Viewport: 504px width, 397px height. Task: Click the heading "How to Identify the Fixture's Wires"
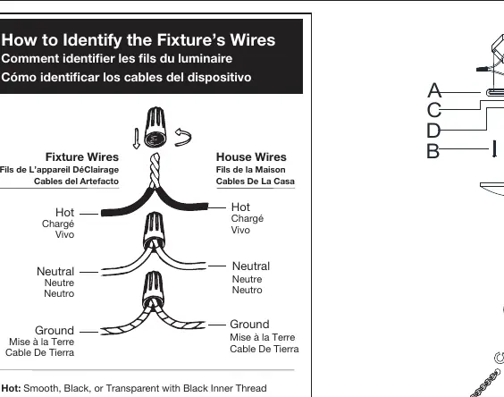pyautogui.click(x=139, y=40)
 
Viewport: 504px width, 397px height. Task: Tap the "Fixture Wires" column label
pyautogui.click(x=82, y=157)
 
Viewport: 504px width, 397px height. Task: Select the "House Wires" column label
pyautogui.click(x=251, y=157)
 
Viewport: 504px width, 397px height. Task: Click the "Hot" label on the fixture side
pyautogui.click(x=64, y=213)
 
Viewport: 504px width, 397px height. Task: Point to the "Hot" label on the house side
pyautogui.click(x=240, y=207)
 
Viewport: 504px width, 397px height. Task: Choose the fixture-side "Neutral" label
pyautogui.click(x=55, y=272)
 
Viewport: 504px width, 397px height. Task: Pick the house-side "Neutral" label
pyautogui.click(x=251, y=266)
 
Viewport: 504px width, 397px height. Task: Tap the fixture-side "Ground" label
pyautogui.click(x=55, y=331)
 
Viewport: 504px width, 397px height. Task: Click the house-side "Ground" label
pyautogui.click(x=249, y=325)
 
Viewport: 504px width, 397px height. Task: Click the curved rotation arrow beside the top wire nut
pyautogui.click(x=183, y=137)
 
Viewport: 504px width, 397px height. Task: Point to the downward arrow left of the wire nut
pyautogui.click(x=137, y=139)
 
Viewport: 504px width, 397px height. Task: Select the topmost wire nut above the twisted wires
pyautogui.click(x=155, y=127)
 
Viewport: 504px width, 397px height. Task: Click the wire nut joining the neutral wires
pyautogui.click(x=154, y=231)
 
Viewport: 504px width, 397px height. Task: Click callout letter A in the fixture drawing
pyautogui.click(x=434, y=90)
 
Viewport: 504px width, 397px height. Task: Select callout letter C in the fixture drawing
pyautogui.click(x=434, y=110)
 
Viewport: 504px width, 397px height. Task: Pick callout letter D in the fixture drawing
pyautogui.click(x=433, y=131)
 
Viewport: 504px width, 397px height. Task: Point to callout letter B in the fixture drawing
pyautogui.click(x=433, y=150)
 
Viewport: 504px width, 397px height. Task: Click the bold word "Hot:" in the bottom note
pyautogui.click(x=12, y=388)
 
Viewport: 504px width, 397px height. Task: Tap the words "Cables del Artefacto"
pyautogui.click(x=76, y=182)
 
